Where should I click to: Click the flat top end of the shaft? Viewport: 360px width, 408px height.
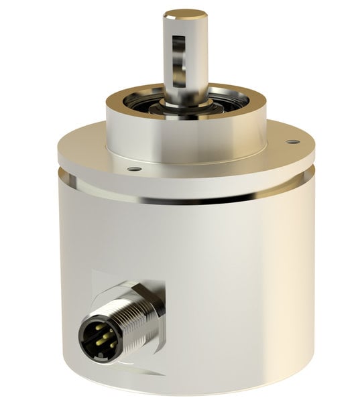pos(185,13)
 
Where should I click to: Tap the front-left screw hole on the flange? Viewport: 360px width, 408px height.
pos(133,169)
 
